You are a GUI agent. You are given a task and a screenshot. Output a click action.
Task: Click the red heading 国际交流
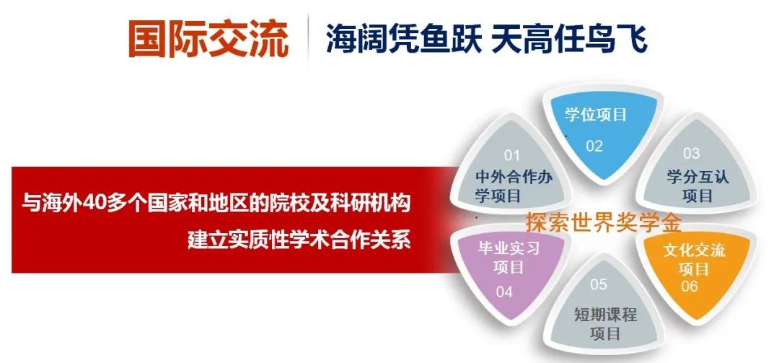[x=208, y=39]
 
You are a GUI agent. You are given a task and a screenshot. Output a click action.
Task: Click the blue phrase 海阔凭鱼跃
[x=403, y=39]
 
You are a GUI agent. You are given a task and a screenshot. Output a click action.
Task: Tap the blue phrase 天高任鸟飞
[x=569, y=39]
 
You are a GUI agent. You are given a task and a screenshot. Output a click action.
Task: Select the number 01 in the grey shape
[x=511, y=156]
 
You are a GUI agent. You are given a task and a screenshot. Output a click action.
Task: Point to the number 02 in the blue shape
[x=594, y=146]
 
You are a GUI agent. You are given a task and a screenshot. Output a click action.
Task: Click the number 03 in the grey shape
[x=691, y=153]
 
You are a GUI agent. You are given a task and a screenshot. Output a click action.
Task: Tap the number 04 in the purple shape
[x=503, y=292]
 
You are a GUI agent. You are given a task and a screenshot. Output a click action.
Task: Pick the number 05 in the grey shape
[x=599, y=284]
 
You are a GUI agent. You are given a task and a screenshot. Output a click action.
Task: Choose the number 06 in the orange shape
[x=690, y=287]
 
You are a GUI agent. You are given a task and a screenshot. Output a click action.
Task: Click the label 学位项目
[x=596, y=115]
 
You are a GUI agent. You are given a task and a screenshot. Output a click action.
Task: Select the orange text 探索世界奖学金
[x=604, y=223]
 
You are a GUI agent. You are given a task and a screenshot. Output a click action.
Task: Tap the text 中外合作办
[x=514, y=177]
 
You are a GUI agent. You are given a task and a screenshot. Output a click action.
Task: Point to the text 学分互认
[x=697, y=177]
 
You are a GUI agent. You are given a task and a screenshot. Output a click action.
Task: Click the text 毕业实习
[x=509, y=248]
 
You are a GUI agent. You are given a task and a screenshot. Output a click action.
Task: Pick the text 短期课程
[x=606, y=315]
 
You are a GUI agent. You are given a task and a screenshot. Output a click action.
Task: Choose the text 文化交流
[x=694, y=250]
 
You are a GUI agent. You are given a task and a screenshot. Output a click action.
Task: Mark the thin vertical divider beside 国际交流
[x=308, y=40]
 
